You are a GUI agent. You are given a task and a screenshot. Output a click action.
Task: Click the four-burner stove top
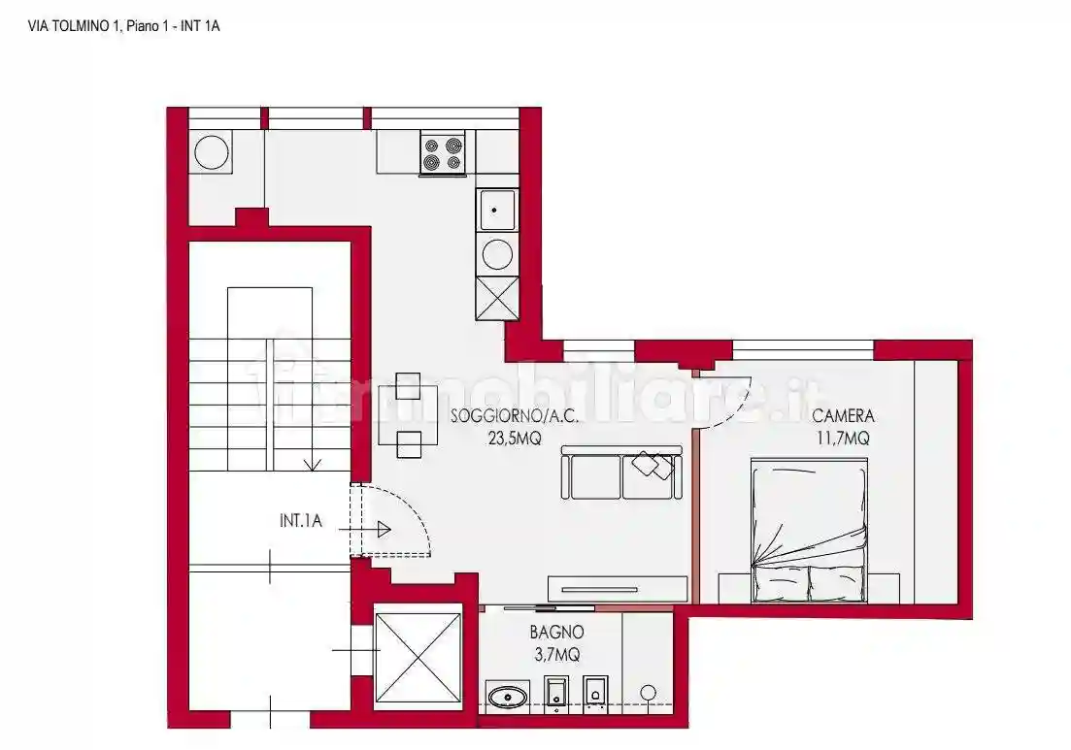443,153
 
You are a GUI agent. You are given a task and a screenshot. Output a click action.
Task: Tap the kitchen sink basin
497,210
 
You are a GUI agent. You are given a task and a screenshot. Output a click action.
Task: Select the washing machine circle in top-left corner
211,152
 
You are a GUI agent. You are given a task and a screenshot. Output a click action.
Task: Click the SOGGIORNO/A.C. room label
515,416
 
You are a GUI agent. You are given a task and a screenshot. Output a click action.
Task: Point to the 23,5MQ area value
515,438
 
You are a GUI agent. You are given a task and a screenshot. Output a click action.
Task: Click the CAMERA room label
843,416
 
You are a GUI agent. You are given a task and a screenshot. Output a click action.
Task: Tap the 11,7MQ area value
843,438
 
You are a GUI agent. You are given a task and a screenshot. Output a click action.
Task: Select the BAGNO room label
556,633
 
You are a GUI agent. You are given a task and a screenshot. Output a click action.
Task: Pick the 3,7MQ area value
556,655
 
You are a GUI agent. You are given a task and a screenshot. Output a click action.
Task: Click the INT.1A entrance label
300,522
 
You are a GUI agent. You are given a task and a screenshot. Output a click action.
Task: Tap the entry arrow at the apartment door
381,530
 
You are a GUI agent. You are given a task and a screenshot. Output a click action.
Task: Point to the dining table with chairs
408,414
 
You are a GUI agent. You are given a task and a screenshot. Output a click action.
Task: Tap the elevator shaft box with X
418,656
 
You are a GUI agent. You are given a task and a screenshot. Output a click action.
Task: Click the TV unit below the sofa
618,588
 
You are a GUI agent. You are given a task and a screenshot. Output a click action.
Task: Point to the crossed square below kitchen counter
497,298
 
